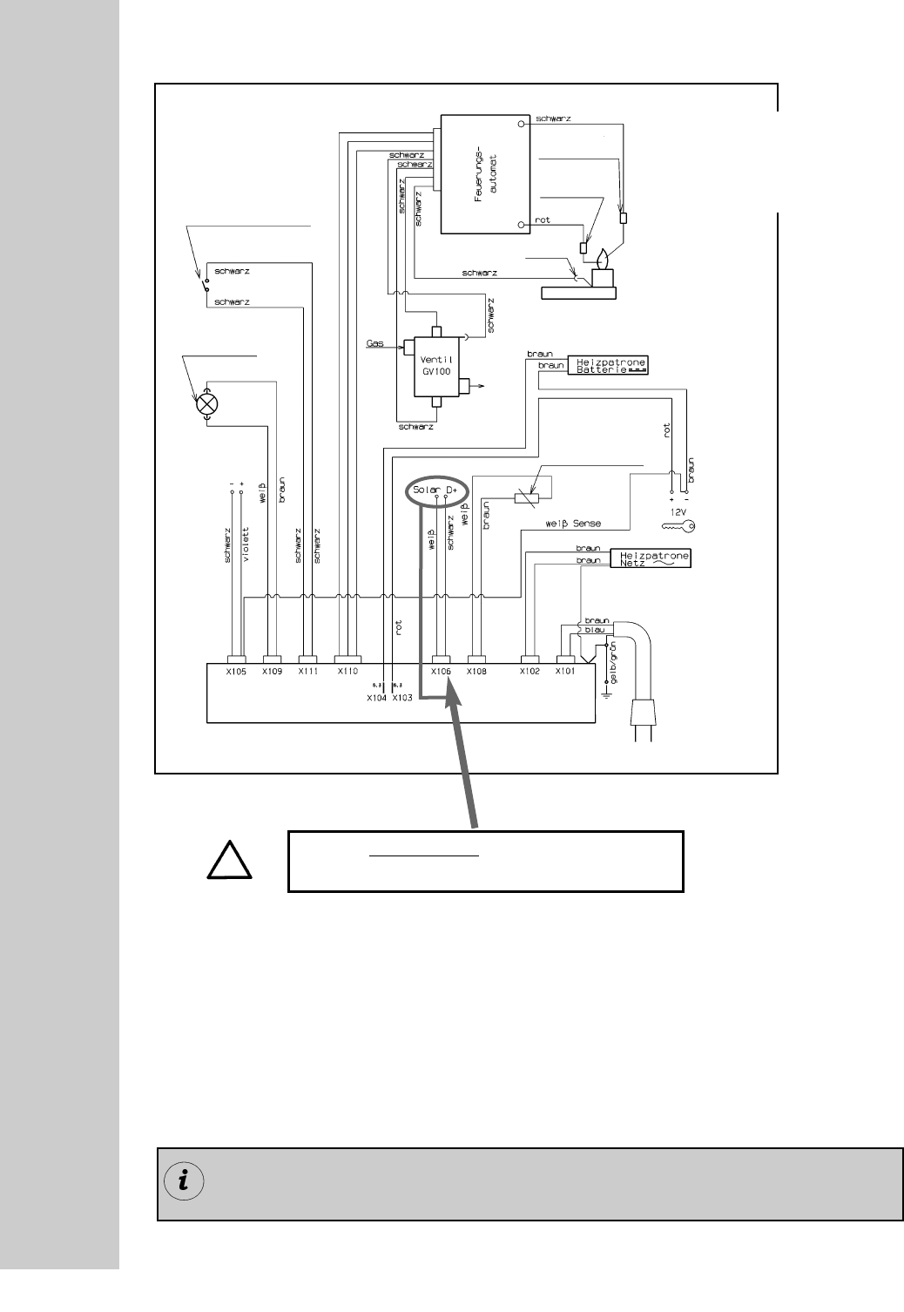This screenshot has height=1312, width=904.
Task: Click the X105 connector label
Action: pos(237,672)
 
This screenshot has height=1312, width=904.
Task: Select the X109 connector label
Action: pos(272,672)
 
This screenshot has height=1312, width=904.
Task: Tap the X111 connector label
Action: pos(307,672)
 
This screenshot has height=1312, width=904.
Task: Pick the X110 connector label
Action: pos(347,672)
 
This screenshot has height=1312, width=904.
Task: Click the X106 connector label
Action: pos(442,672)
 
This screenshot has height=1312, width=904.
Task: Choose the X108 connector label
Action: pos(476,672)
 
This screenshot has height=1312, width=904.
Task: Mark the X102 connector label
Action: pos(530,672)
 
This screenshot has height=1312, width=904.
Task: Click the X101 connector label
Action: pos(565,672)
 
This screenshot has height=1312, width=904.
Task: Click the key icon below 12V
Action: pos(678,526)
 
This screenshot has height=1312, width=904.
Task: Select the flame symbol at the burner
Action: pos(602,260)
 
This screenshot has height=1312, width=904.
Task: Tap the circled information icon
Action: pos(184,1181)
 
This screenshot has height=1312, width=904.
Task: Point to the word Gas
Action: pos(374,344)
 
